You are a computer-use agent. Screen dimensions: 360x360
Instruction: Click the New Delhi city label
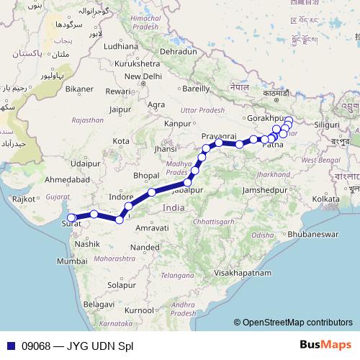(x=143, y=76)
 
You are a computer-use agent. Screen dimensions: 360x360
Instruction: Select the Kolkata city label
(x=325, y=198)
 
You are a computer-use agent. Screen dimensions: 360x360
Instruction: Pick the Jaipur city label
(x=120, y=109)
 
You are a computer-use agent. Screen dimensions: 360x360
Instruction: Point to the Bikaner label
(x=79, y=89)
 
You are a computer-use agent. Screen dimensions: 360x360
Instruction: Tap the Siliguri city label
(x=327, y=125)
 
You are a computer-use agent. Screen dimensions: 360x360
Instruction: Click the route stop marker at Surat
(x=71, y=217)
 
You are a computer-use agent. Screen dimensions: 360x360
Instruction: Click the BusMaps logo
(x=330, y=346)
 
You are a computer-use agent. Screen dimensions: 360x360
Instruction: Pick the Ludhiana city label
(x=120, y=45)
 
